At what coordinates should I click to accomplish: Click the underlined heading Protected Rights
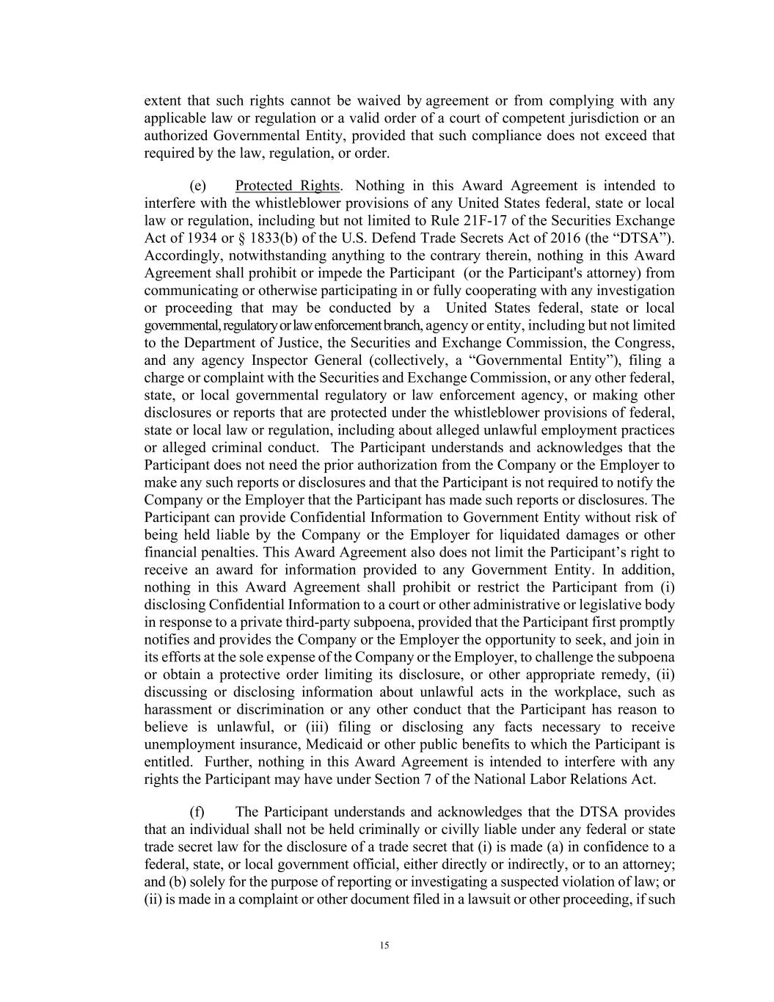(287, 185)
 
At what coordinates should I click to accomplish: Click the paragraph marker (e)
(197, 185)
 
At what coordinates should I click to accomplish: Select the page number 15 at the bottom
(384, 945)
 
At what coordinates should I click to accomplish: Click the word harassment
(178, 709)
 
